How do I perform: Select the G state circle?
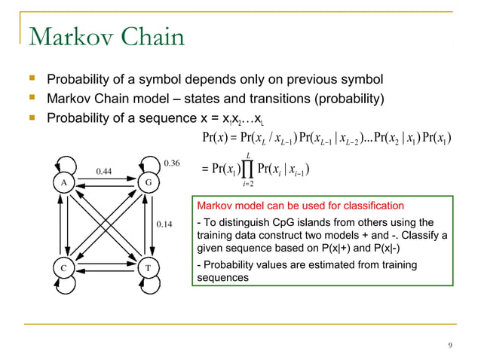147,183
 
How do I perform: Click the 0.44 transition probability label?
105,172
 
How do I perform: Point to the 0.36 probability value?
173,161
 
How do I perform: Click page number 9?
449,346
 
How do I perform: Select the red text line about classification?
300,206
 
